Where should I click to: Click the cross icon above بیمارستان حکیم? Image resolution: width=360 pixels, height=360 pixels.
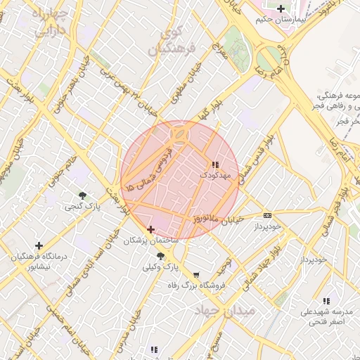tap(281, 8)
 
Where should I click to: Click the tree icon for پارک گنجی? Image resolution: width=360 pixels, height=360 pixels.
tap(83, 195)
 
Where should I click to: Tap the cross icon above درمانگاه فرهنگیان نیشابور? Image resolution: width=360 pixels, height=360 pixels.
tap(39, 245)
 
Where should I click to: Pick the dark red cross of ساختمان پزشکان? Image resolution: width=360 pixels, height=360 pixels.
tap(150, 229)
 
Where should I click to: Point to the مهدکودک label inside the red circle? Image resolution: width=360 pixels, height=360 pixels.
tap(214, 173)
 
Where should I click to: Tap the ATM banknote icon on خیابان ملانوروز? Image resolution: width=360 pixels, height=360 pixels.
tap(267, 215)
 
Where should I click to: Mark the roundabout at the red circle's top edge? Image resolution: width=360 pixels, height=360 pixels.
tap(180, 132)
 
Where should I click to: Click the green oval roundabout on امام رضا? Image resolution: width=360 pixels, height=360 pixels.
tap(268, 59)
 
